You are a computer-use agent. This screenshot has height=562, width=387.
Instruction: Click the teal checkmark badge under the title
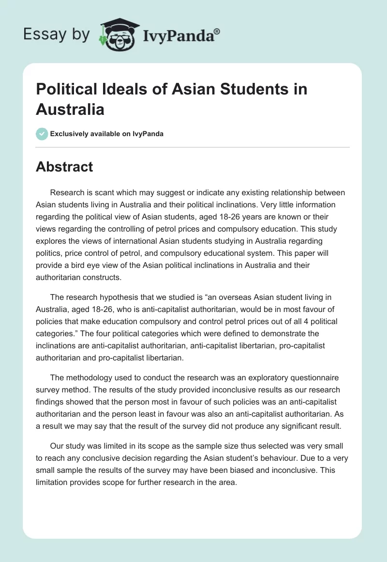click(x=42, y=134)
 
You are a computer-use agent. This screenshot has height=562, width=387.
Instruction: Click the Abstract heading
click(x=64, y=167)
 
